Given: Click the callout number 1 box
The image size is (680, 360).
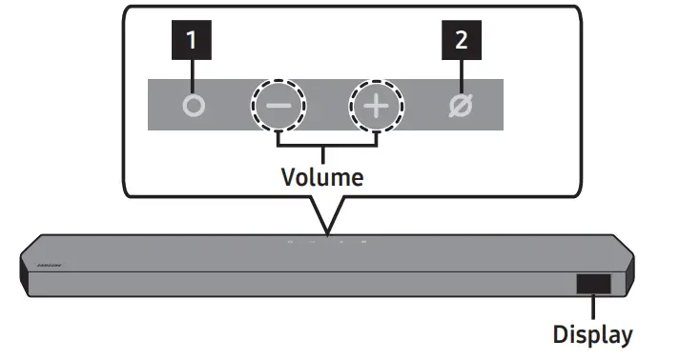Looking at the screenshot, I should [x=193, y=40].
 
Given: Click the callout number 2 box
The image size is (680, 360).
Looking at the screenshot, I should [x=460, y=40].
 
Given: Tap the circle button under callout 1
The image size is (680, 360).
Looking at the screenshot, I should [x=194, y=105].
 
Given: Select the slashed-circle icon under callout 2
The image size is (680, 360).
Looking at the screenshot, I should [x=460, y=105].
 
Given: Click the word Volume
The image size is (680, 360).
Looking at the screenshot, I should [x=322, y=177].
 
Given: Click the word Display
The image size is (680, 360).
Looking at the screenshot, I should [x=592, y=334].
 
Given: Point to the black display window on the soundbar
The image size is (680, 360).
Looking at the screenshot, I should [x=592, y=284].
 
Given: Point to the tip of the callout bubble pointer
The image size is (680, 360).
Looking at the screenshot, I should [x=326, y=234].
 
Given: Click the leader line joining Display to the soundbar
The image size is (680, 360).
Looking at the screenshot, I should [x=592, y=309].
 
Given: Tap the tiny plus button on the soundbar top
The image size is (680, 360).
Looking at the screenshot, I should [x=342, y=241].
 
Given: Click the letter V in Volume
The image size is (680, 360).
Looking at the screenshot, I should [x=288, y=177].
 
